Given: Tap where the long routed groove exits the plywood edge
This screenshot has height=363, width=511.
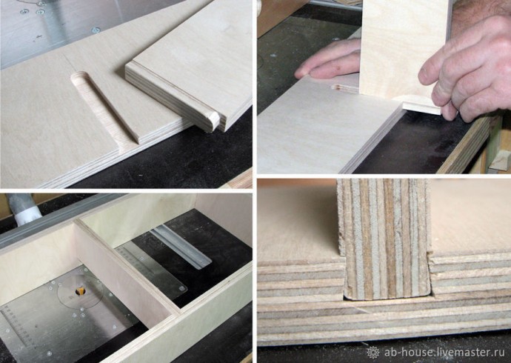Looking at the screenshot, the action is (130, 144).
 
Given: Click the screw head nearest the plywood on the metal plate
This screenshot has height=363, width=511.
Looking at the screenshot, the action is (96, 30).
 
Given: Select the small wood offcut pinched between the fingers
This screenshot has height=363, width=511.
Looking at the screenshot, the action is (421, 107).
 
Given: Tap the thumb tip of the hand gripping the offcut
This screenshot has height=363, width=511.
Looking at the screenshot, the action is (424, 75).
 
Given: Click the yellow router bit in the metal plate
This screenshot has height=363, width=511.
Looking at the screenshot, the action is (79, 291).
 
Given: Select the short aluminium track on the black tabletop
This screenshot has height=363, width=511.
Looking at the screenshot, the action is (181, 246).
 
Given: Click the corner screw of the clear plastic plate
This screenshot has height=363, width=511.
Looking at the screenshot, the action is (181, 288).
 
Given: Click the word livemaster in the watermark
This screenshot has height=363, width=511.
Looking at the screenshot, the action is (462, 352).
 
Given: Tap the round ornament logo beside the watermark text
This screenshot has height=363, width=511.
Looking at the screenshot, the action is (373, 353).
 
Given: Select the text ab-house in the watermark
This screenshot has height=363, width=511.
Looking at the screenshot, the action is (408, 352).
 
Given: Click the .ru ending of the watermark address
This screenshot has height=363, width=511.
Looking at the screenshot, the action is (498, 353).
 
